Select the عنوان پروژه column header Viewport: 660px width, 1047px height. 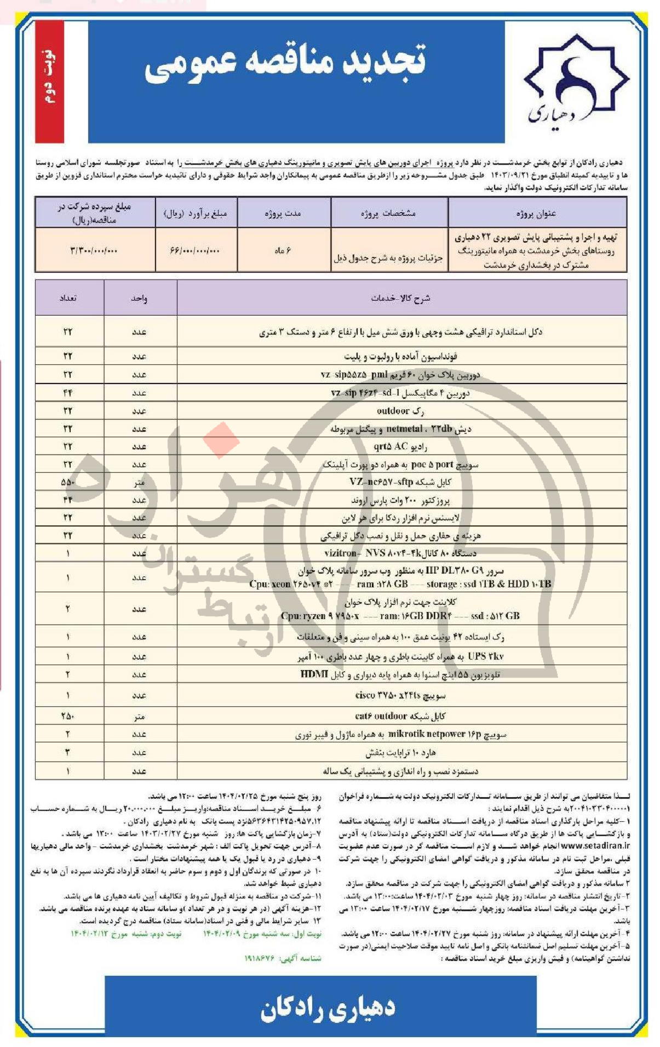(x=536, y=213)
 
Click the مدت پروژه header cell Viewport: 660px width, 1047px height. (x=283, y=213)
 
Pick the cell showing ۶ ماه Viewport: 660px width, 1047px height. (x=283, y=250)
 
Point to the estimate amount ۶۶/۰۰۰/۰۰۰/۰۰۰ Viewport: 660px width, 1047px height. (x=195, y=250)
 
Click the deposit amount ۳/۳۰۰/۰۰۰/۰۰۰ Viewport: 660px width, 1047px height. (x=94, y=250)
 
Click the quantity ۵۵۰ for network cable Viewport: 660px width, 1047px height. (x=68, y=482)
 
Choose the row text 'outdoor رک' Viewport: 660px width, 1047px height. (x=400, y=411)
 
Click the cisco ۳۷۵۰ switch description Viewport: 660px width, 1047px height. (x=400, y=695)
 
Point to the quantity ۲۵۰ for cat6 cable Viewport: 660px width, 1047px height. (x=68, y=716)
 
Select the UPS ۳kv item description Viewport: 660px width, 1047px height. (x=400, y=656)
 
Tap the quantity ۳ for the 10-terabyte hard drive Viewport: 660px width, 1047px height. (x=68, y=752)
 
